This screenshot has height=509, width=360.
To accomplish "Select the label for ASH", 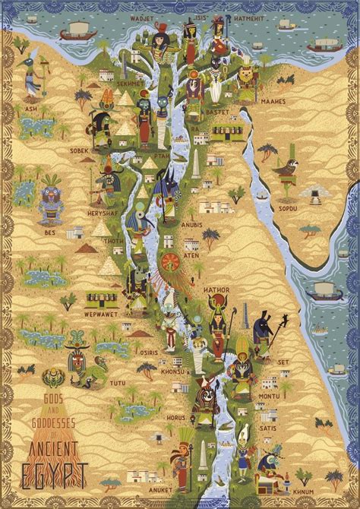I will coord(30,108).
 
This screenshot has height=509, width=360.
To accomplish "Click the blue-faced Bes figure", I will coord(52,199).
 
